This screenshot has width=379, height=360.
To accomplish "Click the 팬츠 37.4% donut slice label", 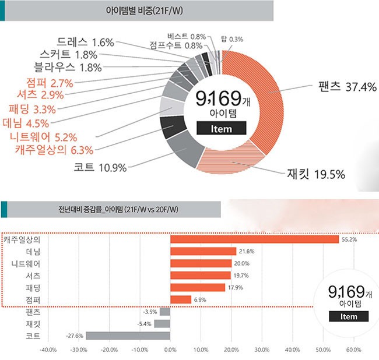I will click(347, 87).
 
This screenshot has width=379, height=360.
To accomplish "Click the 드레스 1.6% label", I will click(86, 43).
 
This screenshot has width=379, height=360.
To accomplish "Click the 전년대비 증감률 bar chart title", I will click(111, 210).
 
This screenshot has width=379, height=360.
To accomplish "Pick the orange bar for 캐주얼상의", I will click(254, 239).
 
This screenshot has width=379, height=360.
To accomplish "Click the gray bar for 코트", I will click(128, 336).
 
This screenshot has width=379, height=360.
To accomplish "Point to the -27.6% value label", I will click(75, 336).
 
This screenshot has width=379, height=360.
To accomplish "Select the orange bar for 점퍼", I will click(181, 299).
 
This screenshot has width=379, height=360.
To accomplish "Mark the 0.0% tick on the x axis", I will click(170, 351).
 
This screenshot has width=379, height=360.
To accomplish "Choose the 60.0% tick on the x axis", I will click(354, 351).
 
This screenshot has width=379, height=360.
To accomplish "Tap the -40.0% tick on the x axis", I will click(47, 351).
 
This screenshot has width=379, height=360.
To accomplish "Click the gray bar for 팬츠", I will click(165, 312).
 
